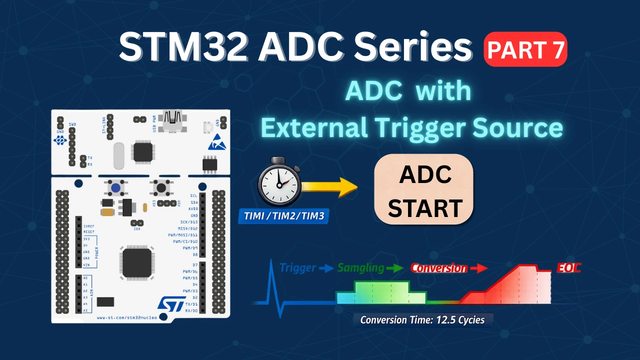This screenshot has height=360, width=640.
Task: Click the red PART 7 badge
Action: (x=525, y=49)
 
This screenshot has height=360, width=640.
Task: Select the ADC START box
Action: (x=424, y=189)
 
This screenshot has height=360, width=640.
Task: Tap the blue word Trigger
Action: (x=298, y=267)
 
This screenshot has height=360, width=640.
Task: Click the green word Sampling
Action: (x=361, y=268)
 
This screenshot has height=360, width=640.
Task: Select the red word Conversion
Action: (x=439, y=268)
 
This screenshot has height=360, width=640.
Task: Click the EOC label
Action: (x=568, y=268)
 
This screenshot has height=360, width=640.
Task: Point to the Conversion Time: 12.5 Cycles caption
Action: (x=422, y=320)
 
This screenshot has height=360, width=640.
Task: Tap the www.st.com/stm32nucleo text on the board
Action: (x=126, y=317)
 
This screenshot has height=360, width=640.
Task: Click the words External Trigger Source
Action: (x=411, y=128)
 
